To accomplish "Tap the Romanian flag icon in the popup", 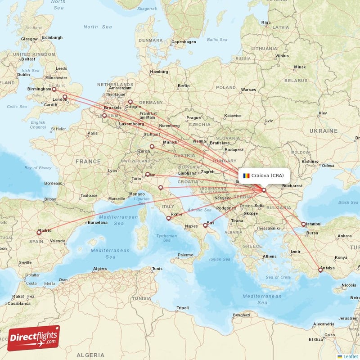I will click(246, 175).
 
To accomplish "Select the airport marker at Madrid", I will click(39, 233).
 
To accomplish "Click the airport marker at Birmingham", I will click(54, 90).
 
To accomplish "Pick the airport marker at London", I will click(65, 97).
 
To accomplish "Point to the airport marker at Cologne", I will click(130, 102).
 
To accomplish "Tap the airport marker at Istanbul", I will click(304, 224).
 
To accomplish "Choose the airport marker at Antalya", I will click(320, 270).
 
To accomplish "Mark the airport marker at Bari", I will click(205, 225).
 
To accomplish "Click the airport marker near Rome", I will click(169, 218).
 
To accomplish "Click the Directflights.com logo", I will click(33, 338).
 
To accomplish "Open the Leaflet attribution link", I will click(350, 356).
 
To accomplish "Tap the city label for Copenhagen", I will click(183, 42).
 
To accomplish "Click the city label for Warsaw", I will click(248, 90).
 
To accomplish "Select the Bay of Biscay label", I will click(38, 167).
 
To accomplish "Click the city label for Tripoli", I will click(183, 308).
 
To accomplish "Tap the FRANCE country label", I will click(88, 161).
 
